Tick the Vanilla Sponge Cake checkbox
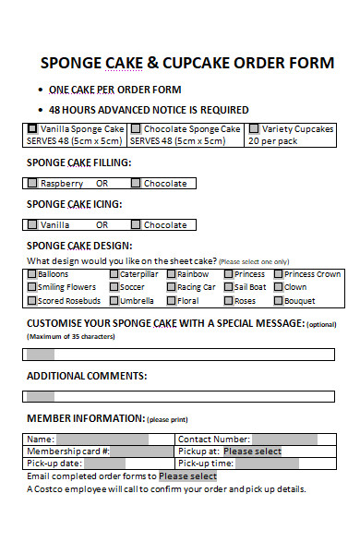[x=33, y=129]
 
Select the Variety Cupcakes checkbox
[x=254, y=129]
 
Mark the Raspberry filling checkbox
[x=33, y=184]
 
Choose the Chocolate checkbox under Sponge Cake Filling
[x=137, y=184]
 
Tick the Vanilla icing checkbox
[x=33, y=224]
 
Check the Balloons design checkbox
[x=32, y=274]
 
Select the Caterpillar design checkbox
[x=114, y=274]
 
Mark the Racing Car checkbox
[x=171, y=287]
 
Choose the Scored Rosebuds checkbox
[x=32, y=300]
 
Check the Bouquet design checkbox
[x=278, y=300]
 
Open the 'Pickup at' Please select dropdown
[x=252, y=451]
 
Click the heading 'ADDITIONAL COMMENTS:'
[x=86, y=376]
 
